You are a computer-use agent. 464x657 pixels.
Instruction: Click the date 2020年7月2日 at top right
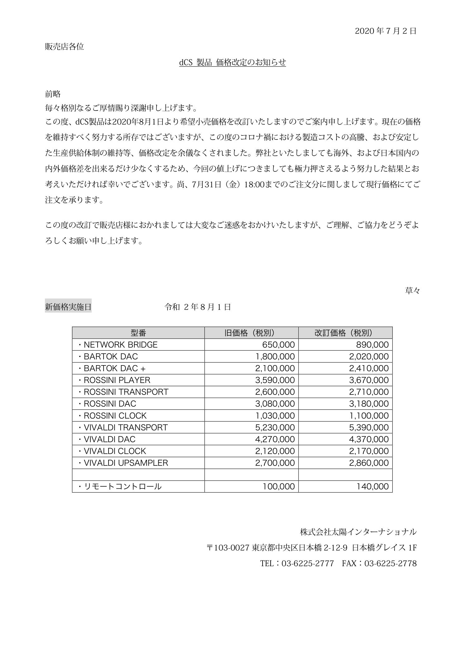385,31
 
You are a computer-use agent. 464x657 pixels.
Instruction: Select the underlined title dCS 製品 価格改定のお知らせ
232,62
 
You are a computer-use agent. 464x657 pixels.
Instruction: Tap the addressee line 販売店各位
65,47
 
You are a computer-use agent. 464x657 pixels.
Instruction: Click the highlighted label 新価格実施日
68,307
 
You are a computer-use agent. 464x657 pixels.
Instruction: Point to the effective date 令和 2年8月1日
198,307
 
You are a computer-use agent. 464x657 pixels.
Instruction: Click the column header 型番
138,333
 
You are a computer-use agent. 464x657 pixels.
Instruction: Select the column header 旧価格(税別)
251,333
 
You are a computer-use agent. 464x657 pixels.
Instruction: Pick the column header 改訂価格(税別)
345,333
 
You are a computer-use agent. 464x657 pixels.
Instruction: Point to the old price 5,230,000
275,427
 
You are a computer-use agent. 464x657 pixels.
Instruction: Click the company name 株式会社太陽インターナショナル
358,532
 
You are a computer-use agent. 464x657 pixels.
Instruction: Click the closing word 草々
412,291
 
